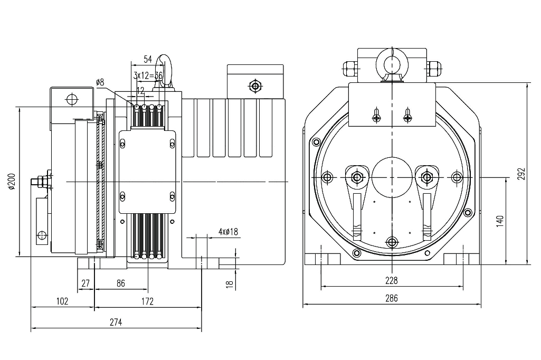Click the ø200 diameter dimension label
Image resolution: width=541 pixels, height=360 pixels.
pyautogui.click(x=10, y=181)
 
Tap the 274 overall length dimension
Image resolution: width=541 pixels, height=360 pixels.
pyautogui.click(x=116, y=322)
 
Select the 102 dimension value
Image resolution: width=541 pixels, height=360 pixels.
pyautogui.click(x=62, y=301)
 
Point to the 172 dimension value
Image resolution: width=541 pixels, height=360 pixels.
pyautogui.click(x=147, y=301)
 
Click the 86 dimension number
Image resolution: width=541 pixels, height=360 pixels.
pyautogui.click(x=120, y=283)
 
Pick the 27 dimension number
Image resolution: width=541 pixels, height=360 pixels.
pyautogui.click(x=86, y=283)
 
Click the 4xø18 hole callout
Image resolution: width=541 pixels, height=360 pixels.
pyautogui.click(x=228, y=232)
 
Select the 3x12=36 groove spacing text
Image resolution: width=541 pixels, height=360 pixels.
pyautogui.click(x=148, y=75)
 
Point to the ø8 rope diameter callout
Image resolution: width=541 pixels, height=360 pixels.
pyautogui.click(x=100, y=82)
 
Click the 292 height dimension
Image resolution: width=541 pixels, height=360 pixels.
pyautogui.click(x=521, y=174)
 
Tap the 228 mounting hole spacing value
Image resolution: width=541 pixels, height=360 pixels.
pyautogui.click(x=391, y=280)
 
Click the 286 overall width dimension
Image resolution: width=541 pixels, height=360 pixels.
pyautogui.click(x=391, y=298)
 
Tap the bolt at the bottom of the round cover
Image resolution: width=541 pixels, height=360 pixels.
pyautogui.click(x=392, y=242)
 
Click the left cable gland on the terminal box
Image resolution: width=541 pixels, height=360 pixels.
pyautogui.click(x=350, y=67)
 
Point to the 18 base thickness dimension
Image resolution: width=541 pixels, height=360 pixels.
pyautogui.click(x=229, y=283)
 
